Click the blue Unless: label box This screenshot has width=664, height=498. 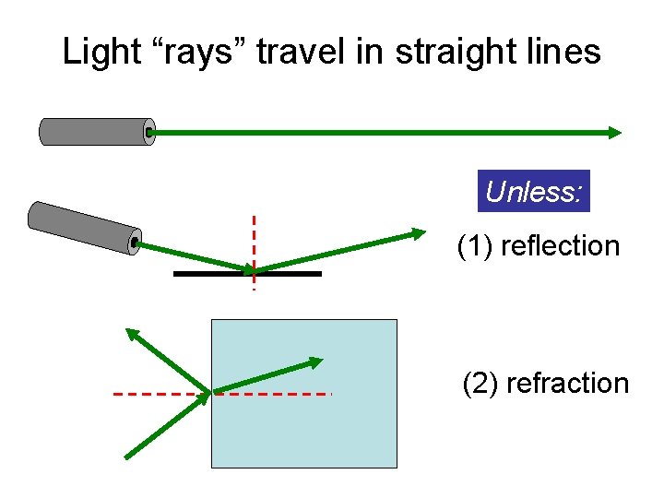(x=535, y=192)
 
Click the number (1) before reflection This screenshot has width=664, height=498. (x=476, y=246)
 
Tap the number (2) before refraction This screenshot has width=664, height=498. (x=480, y=383)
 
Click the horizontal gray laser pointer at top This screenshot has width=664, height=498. (x=94, y=132)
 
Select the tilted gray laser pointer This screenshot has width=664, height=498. (x=83, y=227)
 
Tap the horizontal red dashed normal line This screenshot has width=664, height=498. (x=277, y=394)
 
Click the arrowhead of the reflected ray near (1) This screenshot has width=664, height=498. (x=419, y=232)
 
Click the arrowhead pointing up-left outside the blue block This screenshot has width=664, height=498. (x=134, y=335)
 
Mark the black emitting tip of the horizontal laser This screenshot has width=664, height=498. (x=150, y=132)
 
